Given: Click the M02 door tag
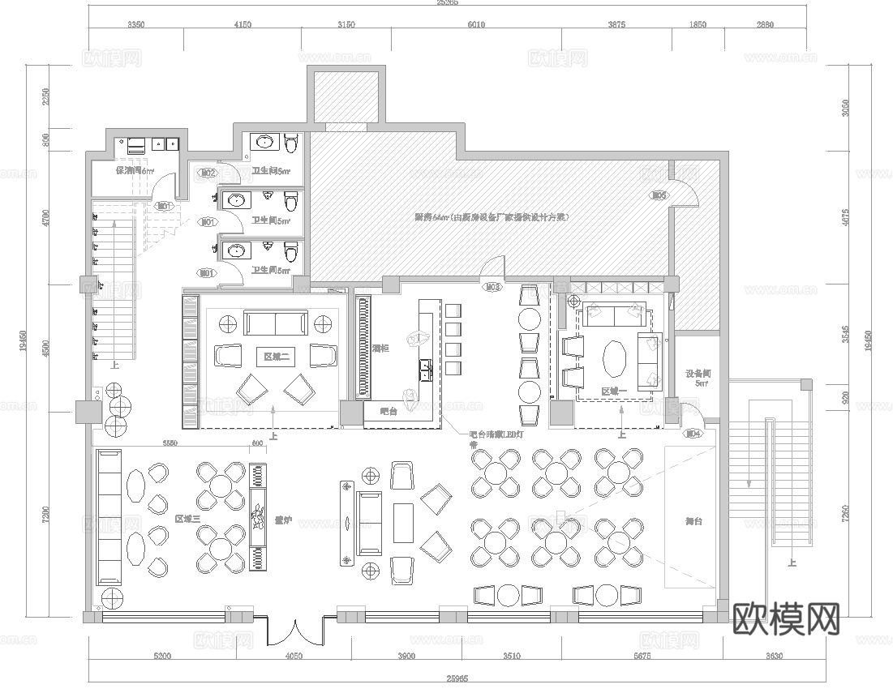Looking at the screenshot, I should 208,173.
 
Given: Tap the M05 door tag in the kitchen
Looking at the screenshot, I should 659,195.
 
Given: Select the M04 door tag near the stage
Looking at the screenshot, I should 693,434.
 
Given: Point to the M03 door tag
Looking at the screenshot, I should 492,287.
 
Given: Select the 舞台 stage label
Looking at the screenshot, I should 693,521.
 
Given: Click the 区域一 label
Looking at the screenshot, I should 615,391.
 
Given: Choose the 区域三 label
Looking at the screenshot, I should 187,518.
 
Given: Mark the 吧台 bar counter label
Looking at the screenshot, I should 386,412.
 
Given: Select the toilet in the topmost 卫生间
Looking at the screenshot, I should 291,144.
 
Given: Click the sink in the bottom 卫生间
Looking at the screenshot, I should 236,250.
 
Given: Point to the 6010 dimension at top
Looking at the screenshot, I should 475,24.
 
